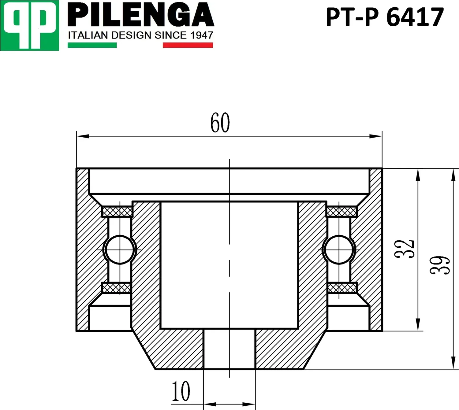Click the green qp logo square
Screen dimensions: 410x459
click(x=29, y=25)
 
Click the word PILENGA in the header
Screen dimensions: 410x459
click(x=141, y=15)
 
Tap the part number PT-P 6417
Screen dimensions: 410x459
click(x=384, y=17)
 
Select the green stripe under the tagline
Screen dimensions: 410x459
click(x=92, y=45)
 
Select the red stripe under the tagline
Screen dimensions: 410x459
click(x=188, y=45)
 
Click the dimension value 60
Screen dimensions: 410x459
click(x=220, y=123)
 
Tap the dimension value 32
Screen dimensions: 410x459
click(x=407, y=248)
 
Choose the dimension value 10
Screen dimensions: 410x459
click(x=181, y=391)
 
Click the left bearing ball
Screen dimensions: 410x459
click(x=120, y=249)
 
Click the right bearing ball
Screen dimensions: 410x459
click(x=339, y=249)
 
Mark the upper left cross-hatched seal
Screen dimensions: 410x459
click(x=117, y=211)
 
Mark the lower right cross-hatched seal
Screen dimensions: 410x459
click(x=342, y=287)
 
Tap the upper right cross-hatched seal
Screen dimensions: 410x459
click(x=342, y=211)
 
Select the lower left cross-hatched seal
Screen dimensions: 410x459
click(x=117, y=287)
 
